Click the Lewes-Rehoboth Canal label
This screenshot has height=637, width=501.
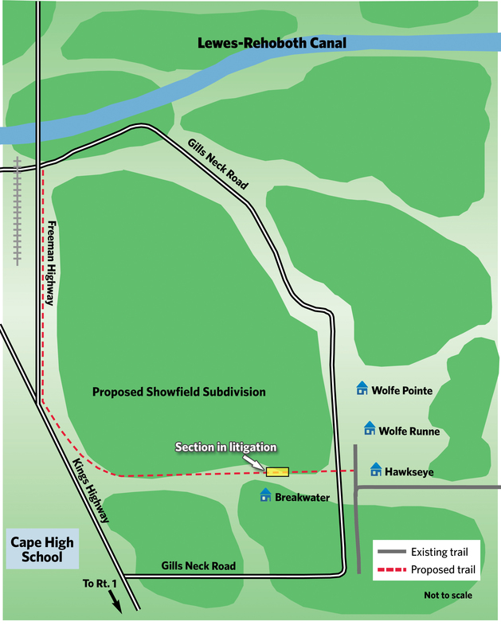[x=272, y=43]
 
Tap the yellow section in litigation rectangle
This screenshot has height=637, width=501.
[x=277, y=471]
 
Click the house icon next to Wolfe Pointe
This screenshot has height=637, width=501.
[x=362, y=388]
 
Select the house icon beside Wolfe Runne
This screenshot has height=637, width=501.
[x=370, y=428]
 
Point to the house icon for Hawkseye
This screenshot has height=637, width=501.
[x=376, y=470]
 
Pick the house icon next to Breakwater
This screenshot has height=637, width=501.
[x=265, y=495]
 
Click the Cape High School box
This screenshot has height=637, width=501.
[x=41, y=549]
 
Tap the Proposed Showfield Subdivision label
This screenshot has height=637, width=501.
[x=178, y=392]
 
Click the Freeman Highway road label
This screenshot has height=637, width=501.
[x=51, y=263]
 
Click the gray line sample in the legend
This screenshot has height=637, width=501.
[x=391, y=552]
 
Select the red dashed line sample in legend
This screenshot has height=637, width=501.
[x=391, y=569]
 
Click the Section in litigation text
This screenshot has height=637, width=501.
[x=225, y=447]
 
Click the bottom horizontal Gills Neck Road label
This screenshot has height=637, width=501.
[x=198, y=566]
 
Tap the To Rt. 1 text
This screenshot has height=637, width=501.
[x=98, y=583]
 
